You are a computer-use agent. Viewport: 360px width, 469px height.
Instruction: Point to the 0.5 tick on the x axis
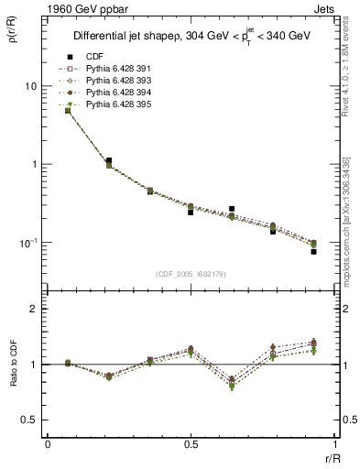tap(191, 444)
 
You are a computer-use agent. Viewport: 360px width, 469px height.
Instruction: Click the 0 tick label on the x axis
tap(47, 444)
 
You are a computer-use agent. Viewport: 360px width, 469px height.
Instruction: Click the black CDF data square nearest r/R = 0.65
tap(232, 209)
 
